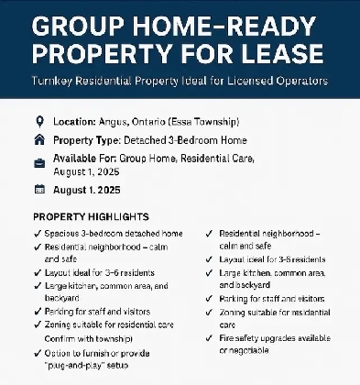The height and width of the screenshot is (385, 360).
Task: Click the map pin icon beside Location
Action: coord(38,121)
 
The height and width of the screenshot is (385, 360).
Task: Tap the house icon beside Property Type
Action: coord(38,140)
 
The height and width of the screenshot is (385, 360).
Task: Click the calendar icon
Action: coord(38,190)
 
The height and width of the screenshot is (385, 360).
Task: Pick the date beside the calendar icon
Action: coord(95,190)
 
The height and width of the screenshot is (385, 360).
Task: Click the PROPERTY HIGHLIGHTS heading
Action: coord(90,216)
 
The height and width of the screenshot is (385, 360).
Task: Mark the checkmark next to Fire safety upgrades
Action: coord(211,339)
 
